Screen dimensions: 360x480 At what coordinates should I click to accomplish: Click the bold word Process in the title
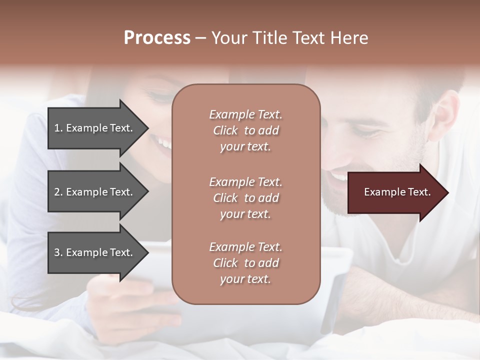[157, 38]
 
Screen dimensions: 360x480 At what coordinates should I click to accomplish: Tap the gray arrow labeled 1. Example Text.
[95, 128]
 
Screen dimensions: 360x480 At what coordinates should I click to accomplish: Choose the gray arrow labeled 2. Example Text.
[95, 192]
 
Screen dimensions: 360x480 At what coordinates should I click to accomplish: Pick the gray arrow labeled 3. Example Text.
[95, 252]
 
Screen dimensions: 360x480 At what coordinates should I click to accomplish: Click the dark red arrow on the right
[395, 192]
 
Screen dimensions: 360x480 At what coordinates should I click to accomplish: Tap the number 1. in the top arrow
[58, 128]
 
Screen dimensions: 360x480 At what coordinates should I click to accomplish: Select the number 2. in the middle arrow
[58, 192]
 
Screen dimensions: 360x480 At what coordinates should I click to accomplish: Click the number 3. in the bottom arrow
[58, 252]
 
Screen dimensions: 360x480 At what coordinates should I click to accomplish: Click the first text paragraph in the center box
[245, 130]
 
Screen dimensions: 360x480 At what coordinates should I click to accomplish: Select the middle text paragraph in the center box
[245, 198]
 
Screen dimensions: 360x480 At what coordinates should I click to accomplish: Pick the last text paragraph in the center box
[245, 263]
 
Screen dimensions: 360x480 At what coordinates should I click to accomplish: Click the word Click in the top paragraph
[225, 130]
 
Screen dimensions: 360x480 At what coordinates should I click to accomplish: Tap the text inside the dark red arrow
[397, 192]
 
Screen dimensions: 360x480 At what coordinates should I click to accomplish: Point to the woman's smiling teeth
[164, 144]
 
